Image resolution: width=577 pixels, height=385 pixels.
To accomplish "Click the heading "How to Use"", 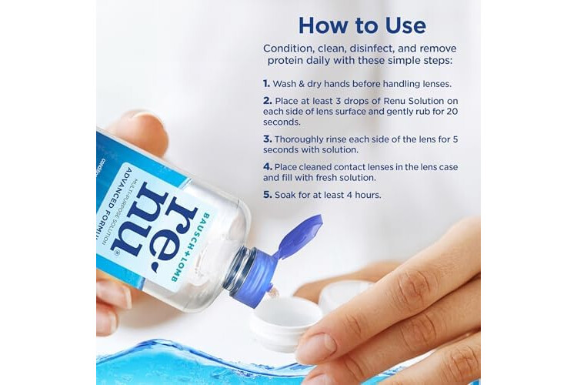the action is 362,25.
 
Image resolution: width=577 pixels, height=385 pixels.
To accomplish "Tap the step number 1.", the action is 266,84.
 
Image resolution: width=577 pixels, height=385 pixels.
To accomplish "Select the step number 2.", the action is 268,101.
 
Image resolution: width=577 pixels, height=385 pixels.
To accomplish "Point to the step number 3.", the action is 268,139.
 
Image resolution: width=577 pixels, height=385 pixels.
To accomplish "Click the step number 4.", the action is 268,167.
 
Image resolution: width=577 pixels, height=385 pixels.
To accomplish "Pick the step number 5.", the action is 268,195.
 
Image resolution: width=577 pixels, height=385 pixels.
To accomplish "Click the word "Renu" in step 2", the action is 395,101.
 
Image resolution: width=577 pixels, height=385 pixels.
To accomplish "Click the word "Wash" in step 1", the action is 285,84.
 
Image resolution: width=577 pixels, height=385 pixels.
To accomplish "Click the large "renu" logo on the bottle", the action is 155,225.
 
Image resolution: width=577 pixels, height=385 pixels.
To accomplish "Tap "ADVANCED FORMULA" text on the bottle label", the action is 113,202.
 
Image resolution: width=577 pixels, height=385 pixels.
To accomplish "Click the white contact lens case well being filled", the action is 286,320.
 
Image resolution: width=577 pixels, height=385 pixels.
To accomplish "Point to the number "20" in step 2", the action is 452,112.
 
